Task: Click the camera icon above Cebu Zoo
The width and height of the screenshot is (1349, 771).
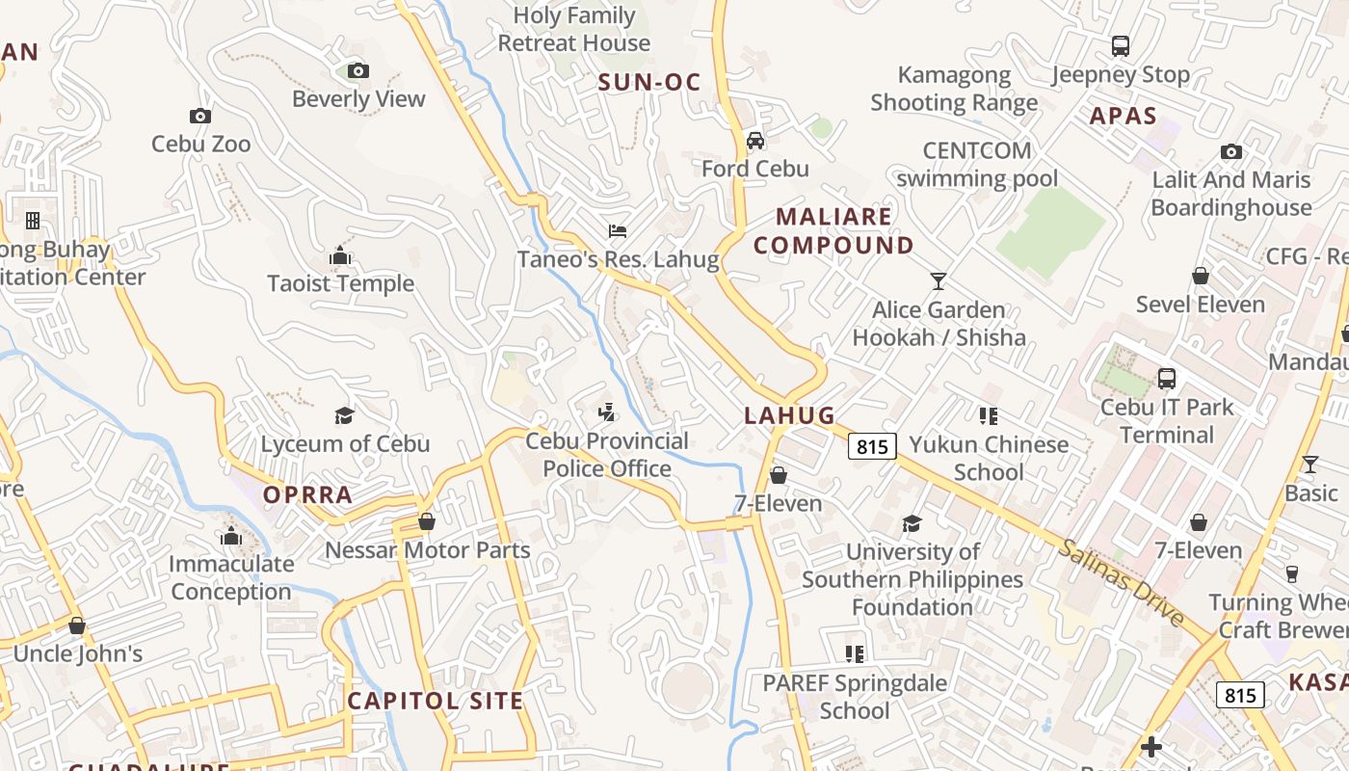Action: (200, 117)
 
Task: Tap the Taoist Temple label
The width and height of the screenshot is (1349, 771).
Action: (341, 283)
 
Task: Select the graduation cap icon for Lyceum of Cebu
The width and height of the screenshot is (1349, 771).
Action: (344, 415)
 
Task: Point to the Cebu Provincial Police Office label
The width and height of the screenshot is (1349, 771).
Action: (607, 455)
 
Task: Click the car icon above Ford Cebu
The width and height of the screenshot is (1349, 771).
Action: (755, 141)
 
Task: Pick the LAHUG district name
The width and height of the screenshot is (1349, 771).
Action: (789, 415)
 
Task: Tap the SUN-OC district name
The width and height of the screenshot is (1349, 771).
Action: (649, 83)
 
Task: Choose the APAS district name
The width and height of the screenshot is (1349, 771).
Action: (1123, 117)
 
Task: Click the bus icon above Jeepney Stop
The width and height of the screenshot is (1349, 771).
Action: (1121, 46)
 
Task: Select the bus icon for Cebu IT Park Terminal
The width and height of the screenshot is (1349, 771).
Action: (1167, 379)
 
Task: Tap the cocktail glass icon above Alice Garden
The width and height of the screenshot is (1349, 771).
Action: (939, 281)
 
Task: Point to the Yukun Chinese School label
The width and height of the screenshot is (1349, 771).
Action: (990, 458)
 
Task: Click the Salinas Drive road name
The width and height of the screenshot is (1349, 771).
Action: (1121, 582)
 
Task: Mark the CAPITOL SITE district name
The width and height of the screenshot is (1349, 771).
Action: (436, 701)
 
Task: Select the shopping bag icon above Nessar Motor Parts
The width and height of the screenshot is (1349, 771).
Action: (427, 521)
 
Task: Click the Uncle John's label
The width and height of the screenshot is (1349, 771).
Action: (78, 653)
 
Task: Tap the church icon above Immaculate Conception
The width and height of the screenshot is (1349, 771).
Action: (231, 536)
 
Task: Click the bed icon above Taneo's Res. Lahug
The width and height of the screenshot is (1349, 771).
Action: (618, 231)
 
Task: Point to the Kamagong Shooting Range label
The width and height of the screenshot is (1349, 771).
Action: (954, 89)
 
